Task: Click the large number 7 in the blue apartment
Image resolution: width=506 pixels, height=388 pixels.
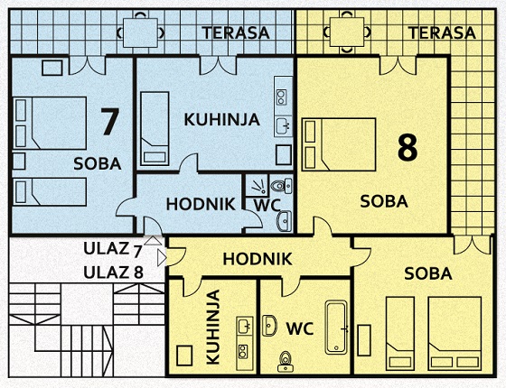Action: click(109, 121)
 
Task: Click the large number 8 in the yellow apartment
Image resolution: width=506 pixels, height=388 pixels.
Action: click(408, 148)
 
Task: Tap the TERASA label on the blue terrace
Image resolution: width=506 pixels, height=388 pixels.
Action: click(236, 32)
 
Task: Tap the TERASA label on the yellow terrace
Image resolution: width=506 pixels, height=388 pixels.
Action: click(442, 32)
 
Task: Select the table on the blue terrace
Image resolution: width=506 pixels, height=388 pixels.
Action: click(141, 32)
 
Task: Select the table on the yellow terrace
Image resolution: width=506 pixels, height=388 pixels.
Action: click(347, 32)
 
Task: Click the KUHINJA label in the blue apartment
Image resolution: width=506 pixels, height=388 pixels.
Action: click(222, 119)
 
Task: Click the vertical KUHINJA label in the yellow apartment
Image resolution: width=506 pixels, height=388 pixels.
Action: click(213, 327)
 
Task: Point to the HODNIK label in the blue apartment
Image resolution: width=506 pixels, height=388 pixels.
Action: click(201, 204)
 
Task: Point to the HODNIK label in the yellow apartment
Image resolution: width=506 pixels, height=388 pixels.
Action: click(258, 259)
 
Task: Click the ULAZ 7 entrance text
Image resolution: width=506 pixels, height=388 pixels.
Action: click(113, 250)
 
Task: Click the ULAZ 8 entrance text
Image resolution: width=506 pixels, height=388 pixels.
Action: click(113, 273)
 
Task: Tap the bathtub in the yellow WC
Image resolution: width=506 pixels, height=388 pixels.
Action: click(336, 328)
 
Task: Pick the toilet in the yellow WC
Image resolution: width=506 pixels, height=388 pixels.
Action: click(285, 362)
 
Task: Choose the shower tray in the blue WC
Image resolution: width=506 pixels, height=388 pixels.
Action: click(257, 185)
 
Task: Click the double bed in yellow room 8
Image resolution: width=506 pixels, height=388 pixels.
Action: click(339, 144)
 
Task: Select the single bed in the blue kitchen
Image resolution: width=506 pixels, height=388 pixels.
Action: click(155, 128)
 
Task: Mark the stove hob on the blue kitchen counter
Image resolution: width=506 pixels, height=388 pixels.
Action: click(281, 97)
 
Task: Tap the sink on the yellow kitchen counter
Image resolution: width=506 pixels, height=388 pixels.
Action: click(243, 326)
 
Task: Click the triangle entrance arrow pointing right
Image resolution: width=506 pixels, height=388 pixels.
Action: click(162, 258)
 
